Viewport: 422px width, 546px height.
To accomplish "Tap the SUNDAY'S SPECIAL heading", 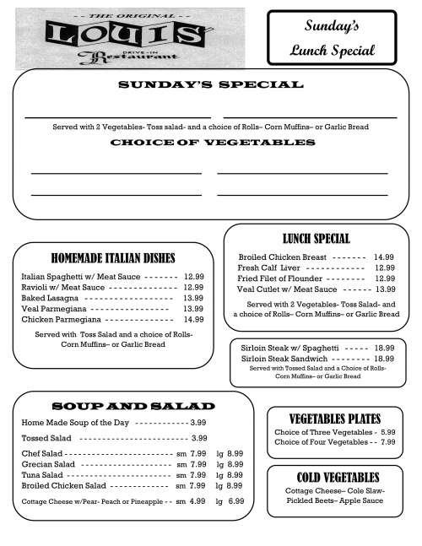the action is coord(210,85).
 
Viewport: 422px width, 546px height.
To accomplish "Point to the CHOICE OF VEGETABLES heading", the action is coord(210,143).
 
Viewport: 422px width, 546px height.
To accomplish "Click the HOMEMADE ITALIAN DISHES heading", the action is coord(113,258).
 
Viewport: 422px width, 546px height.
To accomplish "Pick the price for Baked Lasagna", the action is coord(193,298).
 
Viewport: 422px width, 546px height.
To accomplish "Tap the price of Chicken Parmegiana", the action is coord(193,320).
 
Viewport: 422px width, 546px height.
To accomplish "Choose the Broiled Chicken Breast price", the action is coord(384,257).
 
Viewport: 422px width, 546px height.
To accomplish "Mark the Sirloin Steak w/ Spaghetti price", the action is coord(384,348).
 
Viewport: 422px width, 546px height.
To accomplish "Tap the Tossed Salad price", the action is coord(199,438).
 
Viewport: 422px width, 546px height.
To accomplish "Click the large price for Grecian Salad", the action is coord(235,464).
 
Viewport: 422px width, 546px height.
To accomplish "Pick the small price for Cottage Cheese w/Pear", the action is coord(197,501).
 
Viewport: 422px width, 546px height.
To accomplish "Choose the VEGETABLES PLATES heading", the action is coord(334,419).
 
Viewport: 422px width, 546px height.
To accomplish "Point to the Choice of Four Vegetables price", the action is coord(387,442).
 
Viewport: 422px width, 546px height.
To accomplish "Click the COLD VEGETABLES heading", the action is coord(334,478).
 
